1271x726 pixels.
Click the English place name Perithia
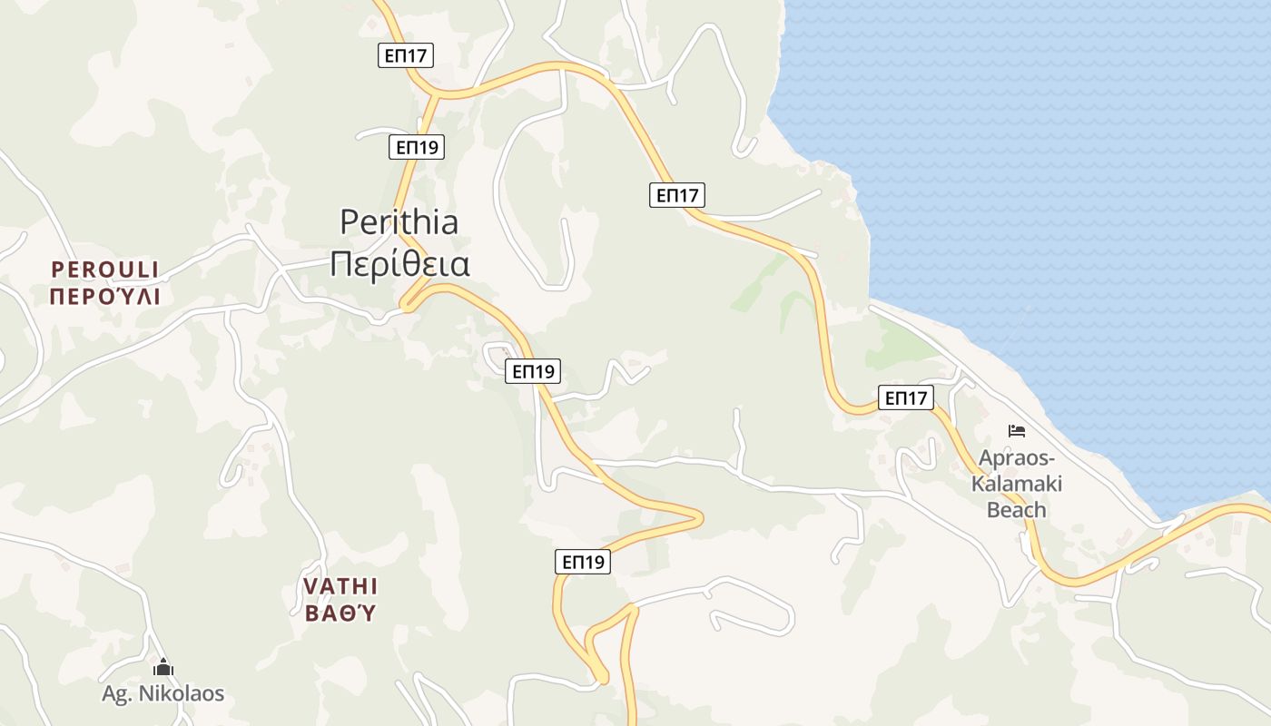(399, 222)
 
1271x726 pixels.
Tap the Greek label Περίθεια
(399, 264)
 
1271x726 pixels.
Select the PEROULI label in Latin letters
(105, 270)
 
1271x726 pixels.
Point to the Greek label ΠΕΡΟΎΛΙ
(105, 297)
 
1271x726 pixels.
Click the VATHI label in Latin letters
(340, 585)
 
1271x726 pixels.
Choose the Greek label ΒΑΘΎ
(340, 613)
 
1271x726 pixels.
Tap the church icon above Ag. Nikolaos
(163, 668)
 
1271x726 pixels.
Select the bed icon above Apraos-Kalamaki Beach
(1017, 430)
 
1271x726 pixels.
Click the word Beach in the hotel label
(1017, 510)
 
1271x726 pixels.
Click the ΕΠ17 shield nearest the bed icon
(906, 397)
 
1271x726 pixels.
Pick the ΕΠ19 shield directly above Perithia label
(417, 147)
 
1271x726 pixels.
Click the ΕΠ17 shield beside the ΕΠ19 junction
(406, 55)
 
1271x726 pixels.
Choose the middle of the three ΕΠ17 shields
(677, 194)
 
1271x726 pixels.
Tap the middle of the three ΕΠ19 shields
(533, 370)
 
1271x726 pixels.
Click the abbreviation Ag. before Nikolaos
(116, 694)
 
